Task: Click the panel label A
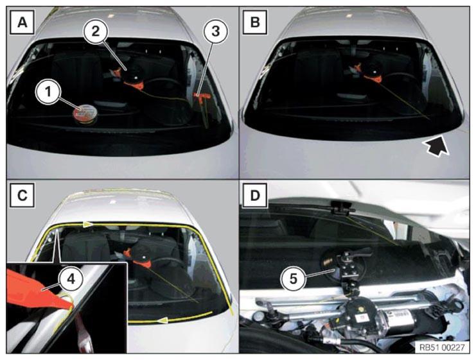tap(22, 22)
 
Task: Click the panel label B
tap(255, 22)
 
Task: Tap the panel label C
tap(22, 195)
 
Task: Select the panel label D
tap(255, 195)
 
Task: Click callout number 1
tap(48, 92)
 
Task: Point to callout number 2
tap(96, 31)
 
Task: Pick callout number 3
tap(216, 31)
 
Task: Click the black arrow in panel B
tap(436, 146)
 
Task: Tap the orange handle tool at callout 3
tap(201, 100)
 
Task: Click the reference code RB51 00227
tap(442, 347)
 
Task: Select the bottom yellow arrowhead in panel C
tap(163, 320)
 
